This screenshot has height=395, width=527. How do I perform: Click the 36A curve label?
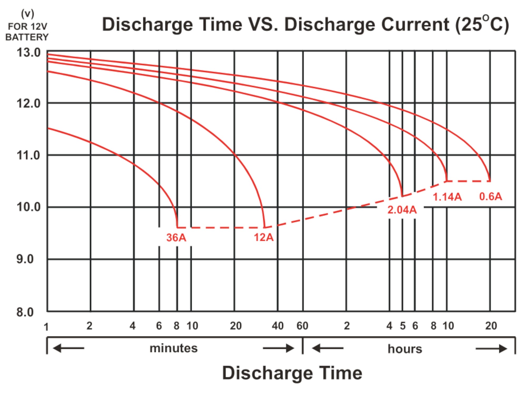(x=176, y=238)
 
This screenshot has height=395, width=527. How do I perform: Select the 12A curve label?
(x=263, y=238)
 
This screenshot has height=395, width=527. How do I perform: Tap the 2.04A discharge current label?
(x=402, y=210)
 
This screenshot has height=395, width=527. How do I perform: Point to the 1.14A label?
(x=447, y=197)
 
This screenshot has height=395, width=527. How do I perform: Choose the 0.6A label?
(x=490, y=196)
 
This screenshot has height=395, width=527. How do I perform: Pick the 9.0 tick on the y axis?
(x=25, y=259)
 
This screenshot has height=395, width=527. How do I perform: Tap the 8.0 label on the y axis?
(x=25, y=312)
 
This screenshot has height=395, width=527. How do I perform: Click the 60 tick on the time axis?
(x=302, y=326)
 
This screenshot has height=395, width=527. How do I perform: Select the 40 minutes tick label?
(x=278, y=326)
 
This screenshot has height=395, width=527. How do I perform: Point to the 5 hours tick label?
(x=403, y=326)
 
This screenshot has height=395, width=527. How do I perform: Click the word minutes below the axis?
(x=173, y=348)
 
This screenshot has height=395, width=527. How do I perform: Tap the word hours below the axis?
(x=405, y=349)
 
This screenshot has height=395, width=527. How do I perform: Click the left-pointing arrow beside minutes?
(x=69, y=348)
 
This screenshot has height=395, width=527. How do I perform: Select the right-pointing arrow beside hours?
(x=491, y=349)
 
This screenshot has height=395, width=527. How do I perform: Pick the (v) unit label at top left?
(x=27, y=14)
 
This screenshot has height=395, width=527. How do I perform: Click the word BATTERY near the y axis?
(x=27, y=37)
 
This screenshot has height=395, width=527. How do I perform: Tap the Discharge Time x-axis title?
(x=292, y=373)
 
